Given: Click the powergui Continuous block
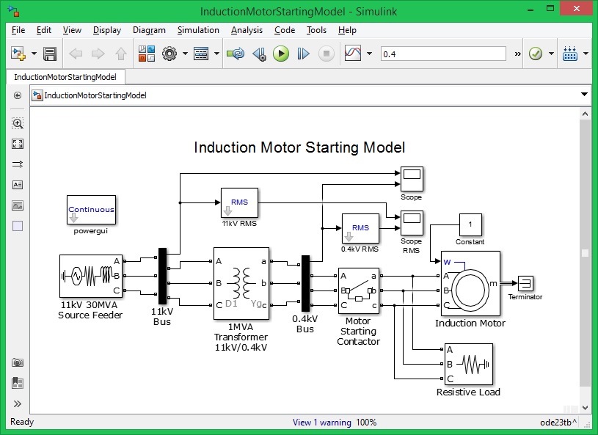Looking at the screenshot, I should [x=91, y=210].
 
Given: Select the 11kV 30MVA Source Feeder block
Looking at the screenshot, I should [x=90, y=277].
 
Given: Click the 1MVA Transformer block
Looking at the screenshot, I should [x=241, y=283].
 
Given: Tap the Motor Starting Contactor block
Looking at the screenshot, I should [x=358, y=291].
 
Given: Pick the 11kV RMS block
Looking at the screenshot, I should [x=239, y=202].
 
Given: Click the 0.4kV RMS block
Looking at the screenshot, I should [x=360, y=227].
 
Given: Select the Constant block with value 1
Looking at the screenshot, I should [x=470, y=223].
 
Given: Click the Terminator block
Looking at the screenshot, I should [x=525, y=284].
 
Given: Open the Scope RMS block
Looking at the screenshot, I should [x=411, y=219].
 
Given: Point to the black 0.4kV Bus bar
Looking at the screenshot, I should [x=305, y=283].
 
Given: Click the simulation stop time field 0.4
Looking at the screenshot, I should [x=443, y=54].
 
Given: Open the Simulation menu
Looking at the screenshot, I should [x=198, y=30].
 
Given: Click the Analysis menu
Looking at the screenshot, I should [x=247, y=30].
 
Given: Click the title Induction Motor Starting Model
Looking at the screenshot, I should [x=299, y=147].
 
